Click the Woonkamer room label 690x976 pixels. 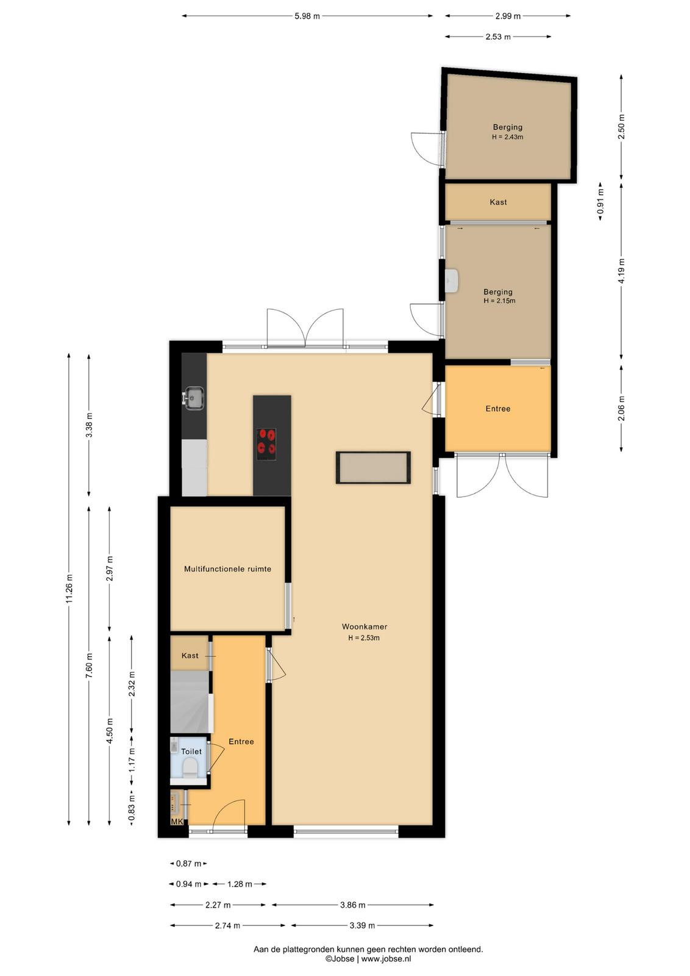[x=365, y=626]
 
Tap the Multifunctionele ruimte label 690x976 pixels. [x=228, y=569]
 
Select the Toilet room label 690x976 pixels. [x=191, y=751]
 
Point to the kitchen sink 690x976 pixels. [x=194, y=398]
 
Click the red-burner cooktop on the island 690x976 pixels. [x=266, y=445]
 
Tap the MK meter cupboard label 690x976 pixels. [x=177, y=821]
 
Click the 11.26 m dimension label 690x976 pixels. [x=69, y=589]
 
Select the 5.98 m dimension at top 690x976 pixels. [x=307, y=16]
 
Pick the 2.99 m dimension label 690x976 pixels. [x=508, y=16]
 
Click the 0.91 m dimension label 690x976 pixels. [x=600, y=201]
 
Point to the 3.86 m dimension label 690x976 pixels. [x=352, y=905]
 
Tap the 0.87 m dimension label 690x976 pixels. [x=188, y=863]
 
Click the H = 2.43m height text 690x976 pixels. [x=508, y=137]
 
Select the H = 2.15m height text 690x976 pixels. [x=499, y=301]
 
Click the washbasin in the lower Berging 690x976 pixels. [x=452, y=280]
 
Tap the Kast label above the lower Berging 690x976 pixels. [x=498, y=202]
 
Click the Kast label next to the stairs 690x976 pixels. [x=190, y=655]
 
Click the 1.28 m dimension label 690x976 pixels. [x=240, y=884]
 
